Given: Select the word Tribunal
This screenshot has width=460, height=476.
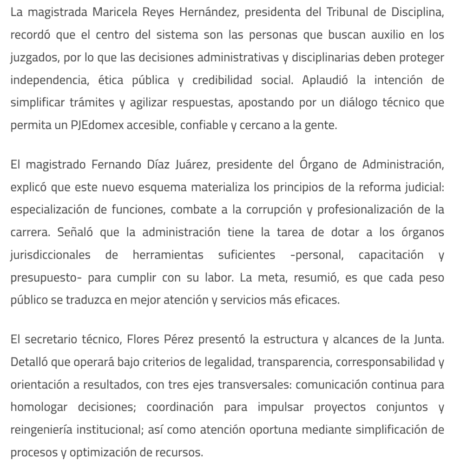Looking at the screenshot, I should point(358,13).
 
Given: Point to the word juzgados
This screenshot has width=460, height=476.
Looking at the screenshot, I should point(33,58).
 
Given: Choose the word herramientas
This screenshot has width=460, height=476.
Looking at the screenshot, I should point(169,255).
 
